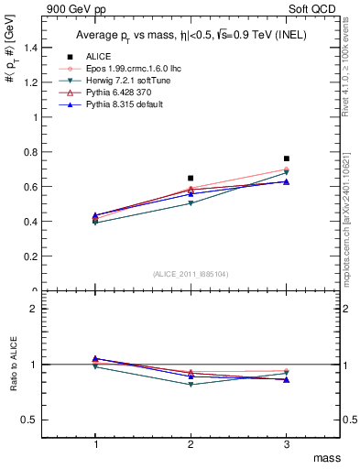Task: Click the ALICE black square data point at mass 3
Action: tap(287, 158)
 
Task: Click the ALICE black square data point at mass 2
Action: tap(191, 178)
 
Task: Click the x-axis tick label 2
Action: tap(191, 443)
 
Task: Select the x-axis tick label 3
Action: tap(287, 443)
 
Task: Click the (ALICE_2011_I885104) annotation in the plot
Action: tap(190, 273)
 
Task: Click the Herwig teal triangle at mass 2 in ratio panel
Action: tap(191, 384)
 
